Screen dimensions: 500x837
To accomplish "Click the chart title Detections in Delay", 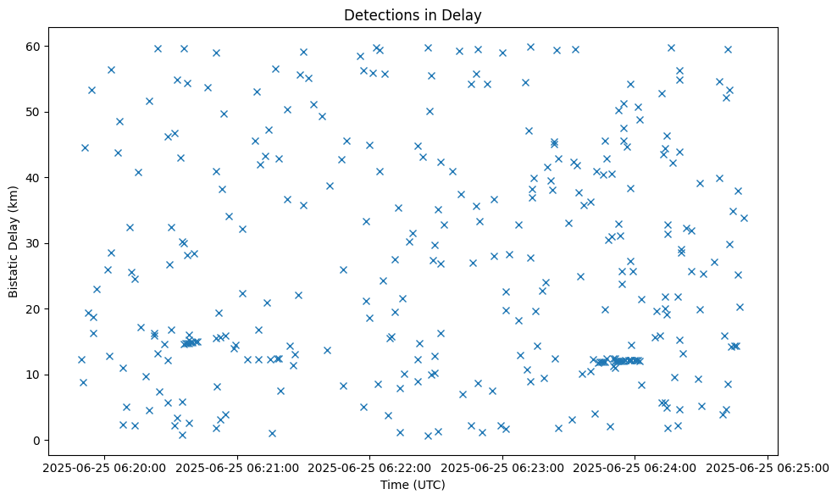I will tap(413, 14).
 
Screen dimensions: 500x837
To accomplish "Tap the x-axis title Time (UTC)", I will tap(413, 486).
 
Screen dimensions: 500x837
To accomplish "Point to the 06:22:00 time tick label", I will tap(369, 467).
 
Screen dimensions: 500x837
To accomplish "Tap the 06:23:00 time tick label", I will tap(502, 467).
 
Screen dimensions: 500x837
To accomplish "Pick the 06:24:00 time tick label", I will tap(635, 467).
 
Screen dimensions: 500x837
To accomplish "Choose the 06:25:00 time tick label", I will tap(768, 467).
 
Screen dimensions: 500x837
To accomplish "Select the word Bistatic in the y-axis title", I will tap(14, 269).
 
